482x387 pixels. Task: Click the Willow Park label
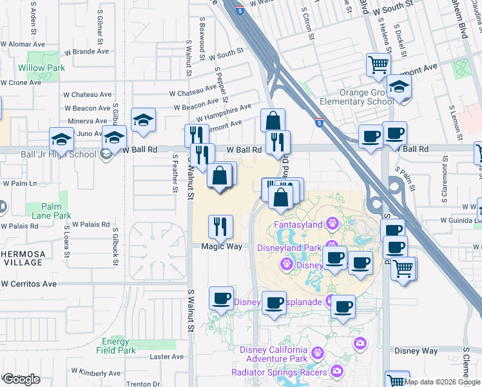coord(41,68)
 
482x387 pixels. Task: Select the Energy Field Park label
coord(119,346)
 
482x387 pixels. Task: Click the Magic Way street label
coord(220,246)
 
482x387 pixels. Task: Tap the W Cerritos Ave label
coord(28,284)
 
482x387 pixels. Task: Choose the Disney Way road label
coord(416,352)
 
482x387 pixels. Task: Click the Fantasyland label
coord(298,224)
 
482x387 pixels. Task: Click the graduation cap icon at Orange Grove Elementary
coord(400,87)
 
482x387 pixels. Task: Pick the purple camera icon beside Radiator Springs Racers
coord(337,371)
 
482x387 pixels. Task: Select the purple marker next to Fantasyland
coord(332,224)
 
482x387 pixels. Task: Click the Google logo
coord(21,379)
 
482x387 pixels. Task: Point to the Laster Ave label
coord(167,357)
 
